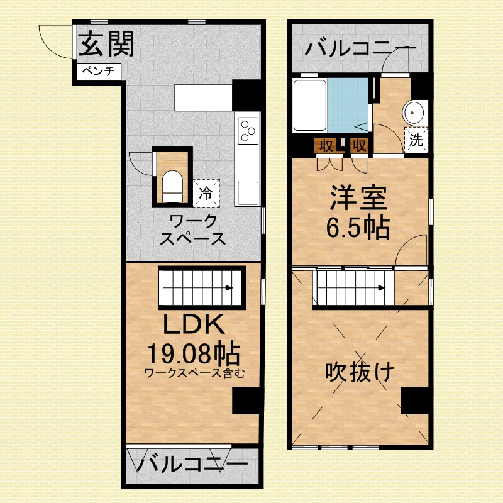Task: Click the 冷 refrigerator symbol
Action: coord(206,192)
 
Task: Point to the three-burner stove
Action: coord(248,131)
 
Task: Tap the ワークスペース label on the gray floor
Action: coord(193,230)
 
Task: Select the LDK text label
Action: coord(194,324)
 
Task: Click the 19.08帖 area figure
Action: coord(194,353)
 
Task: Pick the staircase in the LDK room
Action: coord(201,287)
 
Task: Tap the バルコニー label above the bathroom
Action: coord(360,48)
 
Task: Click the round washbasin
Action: coord(416,113)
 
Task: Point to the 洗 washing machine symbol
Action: coord(416,140)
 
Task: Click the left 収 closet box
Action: coord(326,146)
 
